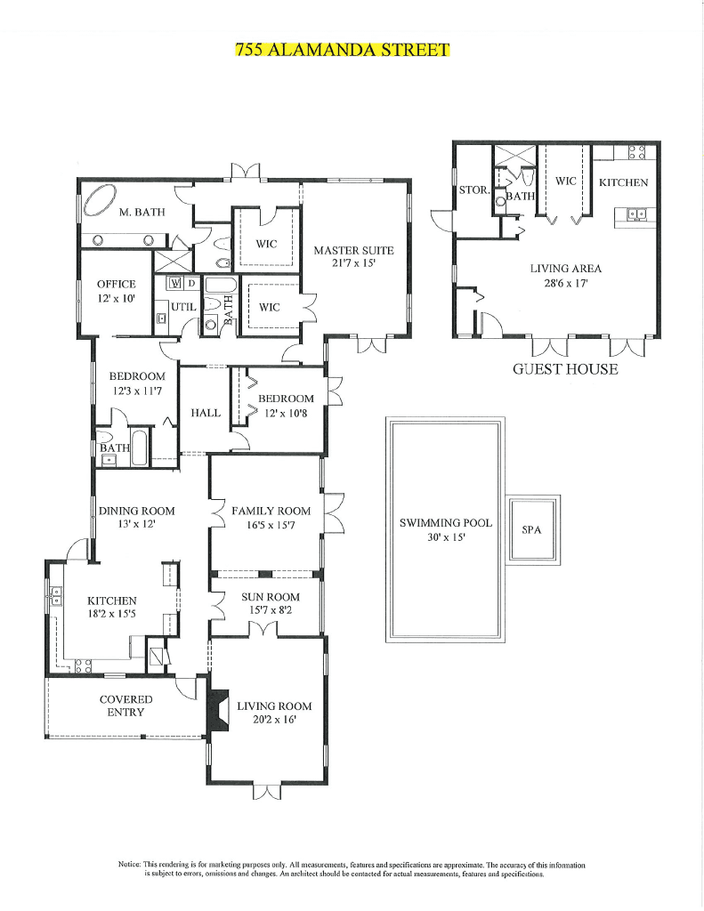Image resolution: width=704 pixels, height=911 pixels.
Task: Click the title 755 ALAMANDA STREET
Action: coord(343,49)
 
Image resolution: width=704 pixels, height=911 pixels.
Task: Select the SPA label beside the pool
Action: coord(531,529)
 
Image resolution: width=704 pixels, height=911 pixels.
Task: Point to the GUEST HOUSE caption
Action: coord(564,369)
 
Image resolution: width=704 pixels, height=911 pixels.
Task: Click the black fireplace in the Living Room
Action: coord(216,711)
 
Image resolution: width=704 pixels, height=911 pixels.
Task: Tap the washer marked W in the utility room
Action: coord(174,283)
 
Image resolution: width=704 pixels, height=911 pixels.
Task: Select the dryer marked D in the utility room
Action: coord(190,283)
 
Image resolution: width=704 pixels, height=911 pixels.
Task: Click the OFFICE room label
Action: coord(117,285)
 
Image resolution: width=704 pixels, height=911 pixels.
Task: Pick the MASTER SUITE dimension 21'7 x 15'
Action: coord(353,263)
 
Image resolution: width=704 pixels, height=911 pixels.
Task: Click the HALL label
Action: coord(206,413)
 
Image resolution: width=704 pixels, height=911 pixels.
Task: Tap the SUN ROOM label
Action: coord(271,597)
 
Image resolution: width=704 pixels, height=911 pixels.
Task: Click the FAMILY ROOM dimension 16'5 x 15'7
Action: coord(271,525)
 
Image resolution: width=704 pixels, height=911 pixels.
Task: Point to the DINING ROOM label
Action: coord(136,511)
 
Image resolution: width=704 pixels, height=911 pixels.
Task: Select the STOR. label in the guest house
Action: coord(472,190)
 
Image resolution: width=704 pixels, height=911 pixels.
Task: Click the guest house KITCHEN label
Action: coord(623,182)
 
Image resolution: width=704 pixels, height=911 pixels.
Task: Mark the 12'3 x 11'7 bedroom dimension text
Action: coord(136,390)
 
